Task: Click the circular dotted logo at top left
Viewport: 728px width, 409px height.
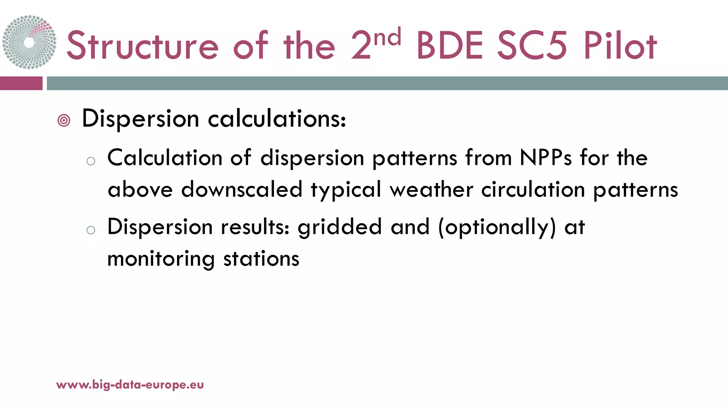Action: [x=29, y=42]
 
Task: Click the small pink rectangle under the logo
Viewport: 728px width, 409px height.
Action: [x=21, y=83]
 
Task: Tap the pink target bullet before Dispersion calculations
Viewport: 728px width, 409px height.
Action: [x=64, y=121]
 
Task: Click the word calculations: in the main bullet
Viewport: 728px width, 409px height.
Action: [x=277, y=119]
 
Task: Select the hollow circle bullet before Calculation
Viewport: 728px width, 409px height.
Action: [x=91, y=161]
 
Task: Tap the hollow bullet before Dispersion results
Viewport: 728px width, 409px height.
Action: [x=91, y=230]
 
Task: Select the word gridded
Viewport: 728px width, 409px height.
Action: [x=339, y=227]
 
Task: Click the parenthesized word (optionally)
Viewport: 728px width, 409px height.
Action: [x=497, y=228]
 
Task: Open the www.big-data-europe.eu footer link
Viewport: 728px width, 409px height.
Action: [x=130, y=385]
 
